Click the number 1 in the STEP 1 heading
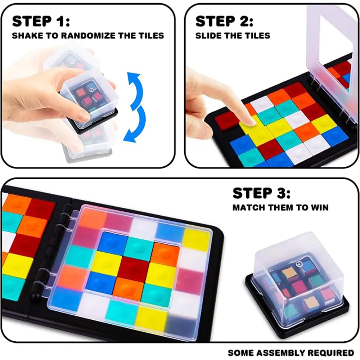(60, 21)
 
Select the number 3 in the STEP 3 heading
(281, 193)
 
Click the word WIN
(320, 208)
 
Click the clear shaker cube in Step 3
(298, 285)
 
